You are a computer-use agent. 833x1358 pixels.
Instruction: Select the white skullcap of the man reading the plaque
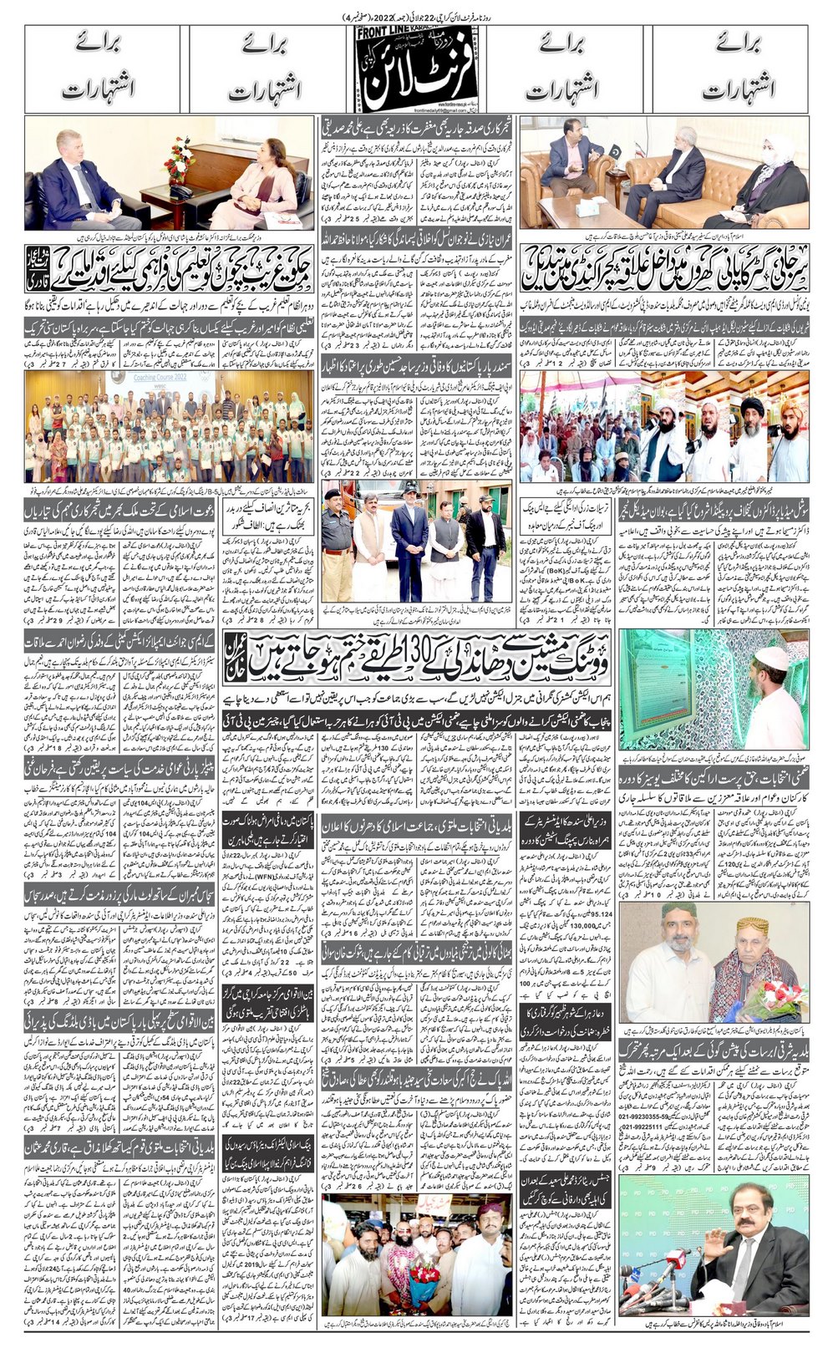click(773, 659)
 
